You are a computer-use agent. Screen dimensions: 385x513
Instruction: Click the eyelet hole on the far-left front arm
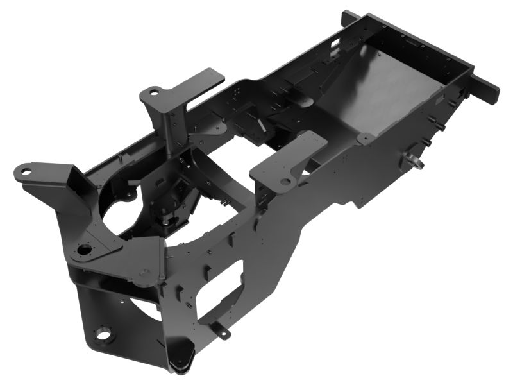24,171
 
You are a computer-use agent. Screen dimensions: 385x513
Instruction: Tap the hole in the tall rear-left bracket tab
153,92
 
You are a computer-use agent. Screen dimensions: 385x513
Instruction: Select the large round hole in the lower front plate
101,334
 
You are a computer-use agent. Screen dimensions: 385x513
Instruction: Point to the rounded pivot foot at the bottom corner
181,364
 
